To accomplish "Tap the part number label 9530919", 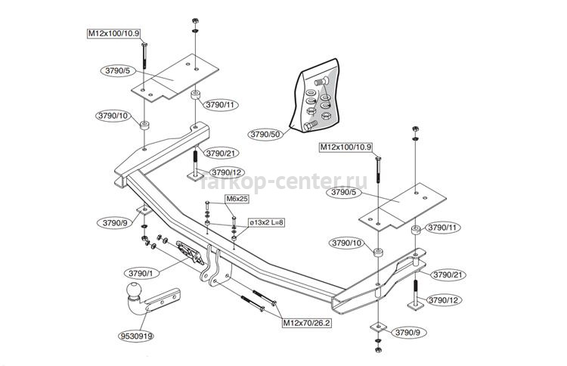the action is tap(136, 336).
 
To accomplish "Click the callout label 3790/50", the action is tap(265, 134).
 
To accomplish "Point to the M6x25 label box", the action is tap(237, 199).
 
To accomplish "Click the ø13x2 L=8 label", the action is tap(266, 222).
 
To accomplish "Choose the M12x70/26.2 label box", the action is tap(306, 323).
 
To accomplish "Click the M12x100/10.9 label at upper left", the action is tap(113, 33).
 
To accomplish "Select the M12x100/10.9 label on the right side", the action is tap(345, 147).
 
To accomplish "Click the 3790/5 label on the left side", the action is tap(117, 71).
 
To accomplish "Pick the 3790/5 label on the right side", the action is tap(343, 192).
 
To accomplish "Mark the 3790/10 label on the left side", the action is tap(113, 116).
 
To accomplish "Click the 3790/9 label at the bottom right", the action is tap(408, 333).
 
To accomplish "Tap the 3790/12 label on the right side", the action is tap(443, 300).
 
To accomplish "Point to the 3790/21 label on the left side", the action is tap(220, 153).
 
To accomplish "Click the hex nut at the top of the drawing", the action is tap(194, 20).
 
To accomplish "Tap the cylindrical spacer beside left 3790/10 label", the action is tap(144, 126).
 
